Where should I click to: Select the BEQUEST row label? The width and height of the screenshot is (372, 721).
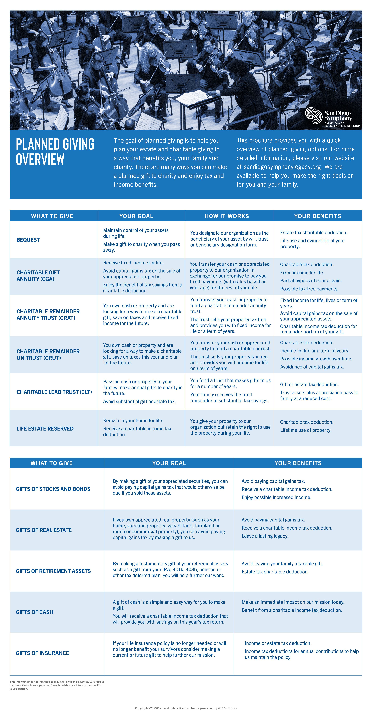[28, 240]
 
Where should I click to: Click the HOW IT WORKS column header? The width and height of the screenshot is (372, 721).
[227, 216]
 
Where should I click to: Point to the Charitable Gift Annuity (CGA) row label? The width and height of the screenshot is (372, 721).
[38, 276]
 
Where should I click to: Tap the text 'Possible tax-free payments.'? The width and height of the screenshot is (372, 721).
[309, 289]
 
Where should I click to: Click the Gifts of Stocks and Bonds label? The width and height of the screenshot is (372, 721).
[53, 489]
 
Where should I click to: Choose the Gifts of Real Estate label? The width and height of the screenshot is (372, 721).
[44, 530]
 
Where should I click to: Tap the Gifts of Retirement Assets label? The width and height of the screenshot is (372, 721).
[53, 571]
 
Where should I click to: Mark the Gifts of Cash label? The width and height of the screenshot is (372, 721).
[34, 612]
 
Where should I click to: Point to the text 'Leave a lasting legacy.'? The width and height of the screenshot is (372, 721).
[265, 536]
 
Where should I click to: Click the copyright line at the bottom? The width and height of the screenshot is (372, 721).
[186, 708]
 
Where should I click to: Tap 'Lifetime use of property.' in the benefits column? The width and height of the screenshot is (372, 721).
[306, 430]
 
